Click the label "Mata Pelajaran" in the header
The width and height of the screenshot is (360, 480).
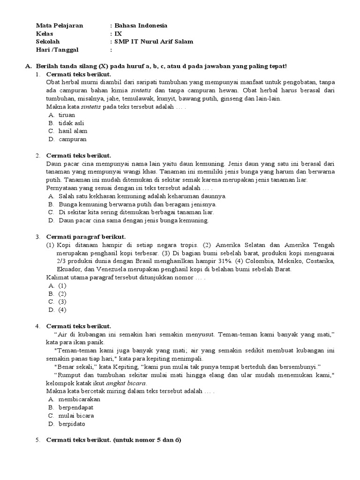coord(60,26)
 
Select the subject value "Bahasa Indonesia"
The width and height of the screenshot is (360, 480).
coord(141,26)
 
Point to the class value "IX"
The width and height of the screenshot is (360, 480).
coord(118,34)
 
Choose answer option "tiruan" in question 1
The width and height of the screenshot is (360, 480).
coord(67,114)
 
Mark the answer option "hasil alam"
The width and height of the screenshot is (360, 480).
coord(73,131)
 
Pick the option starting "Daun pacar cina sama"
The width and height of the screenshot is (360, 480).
coord(134,221)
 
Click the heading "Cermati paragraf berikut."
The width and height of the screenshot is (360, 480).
coord(86,236)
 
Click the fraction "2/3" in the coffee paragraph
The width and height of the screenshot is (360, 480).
coord(62,261)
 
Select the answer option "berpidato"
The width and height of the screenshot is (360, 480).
coord(72,424)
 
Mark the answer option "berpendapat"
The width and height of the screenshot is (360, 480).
coord(76,407)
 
